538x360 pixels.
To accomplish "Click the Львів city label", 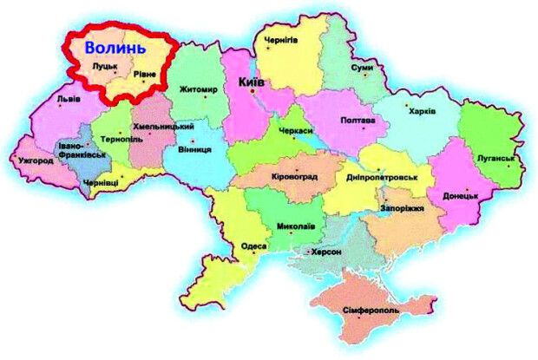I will [69, 99].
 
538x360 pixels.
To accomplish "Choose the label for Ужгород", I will [34, 160].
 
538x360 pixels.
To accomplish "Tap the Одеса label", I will [253, 246].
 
